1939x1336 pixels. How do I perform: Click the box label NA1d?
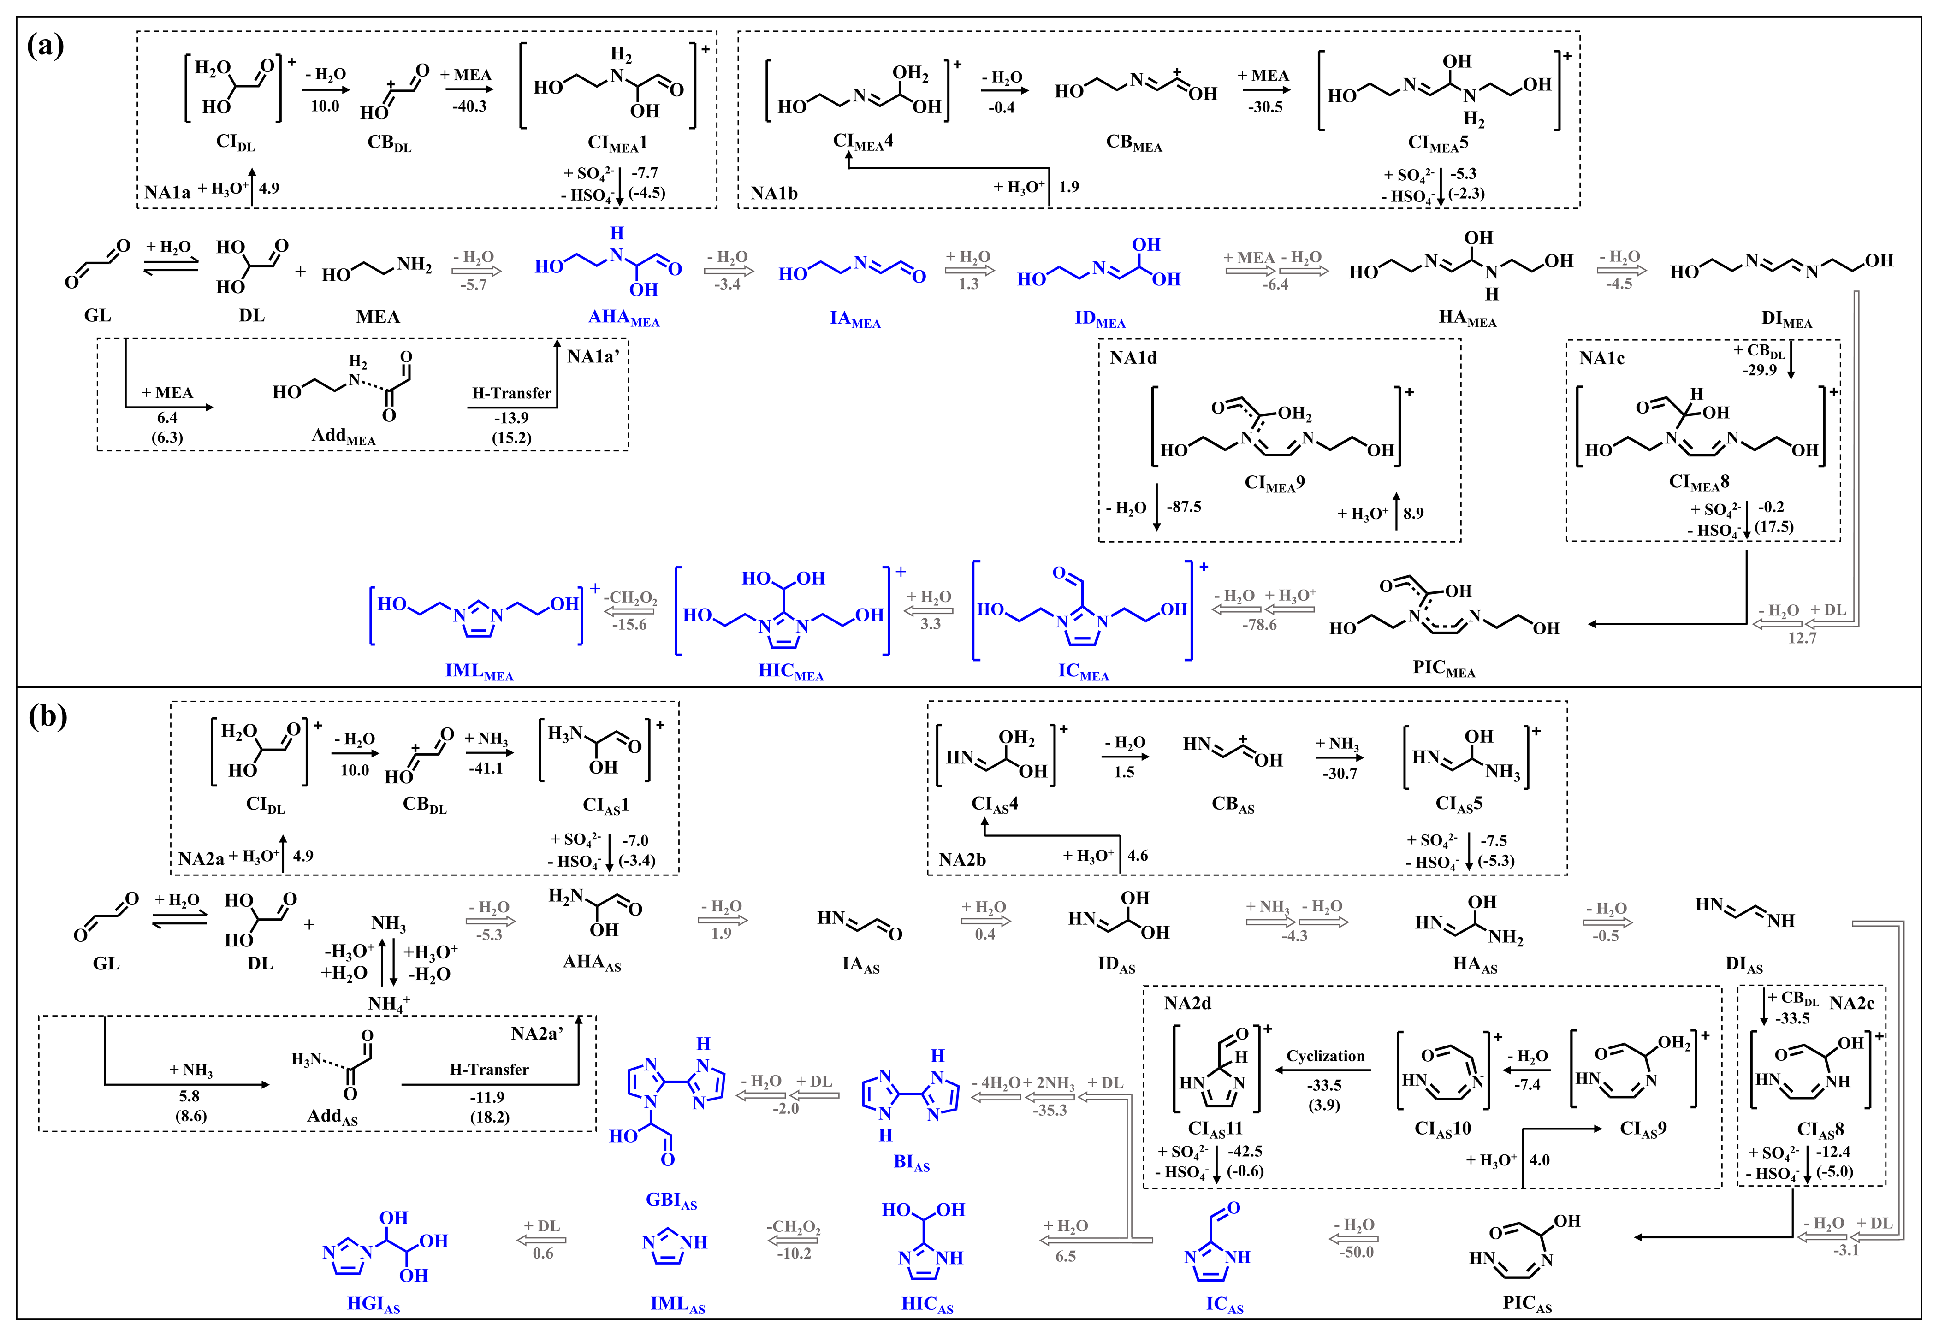pyautogui.click(x=1133, y=358)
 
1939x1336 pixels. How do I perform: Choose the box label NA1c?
pyautogui.click(x=1601, y=359)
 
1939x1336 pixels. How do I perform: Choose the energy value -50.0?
pyautogui.click(x=1356, y=1252)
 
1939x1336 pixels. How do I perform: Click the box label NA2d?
pyautogui.click(x=1187, y=1003)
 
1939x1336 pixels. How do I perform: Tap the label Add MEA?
pyautogui.click(x=343, y=436)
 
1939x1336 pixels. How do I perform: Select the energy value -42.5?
pyautogui.click(x=1246, y=1152)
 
